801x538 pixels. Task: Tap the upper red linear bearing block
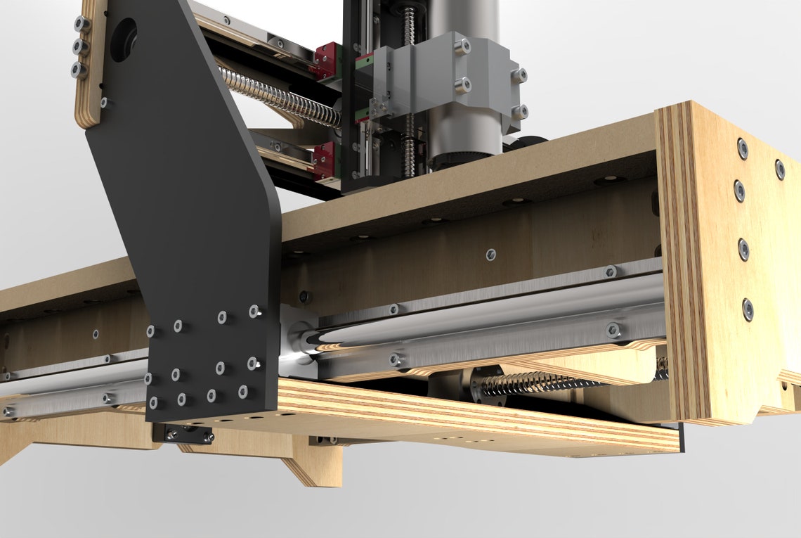(x=326, y=59)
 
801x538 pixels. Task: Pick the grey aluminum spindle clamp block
(x=450, y=77)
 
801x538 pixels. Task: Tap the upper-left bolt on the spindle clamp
(x=462, y=47)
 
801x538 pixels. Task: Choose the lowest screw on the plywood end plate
(x=747, y=308)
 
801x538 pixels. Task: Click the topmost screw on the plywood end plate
(x=742, y=148)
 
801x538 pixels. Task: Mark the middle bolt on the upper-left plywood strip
(x=79, y=47)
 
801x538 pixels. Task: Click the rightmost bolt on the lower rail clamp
(x=613, y=328)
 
